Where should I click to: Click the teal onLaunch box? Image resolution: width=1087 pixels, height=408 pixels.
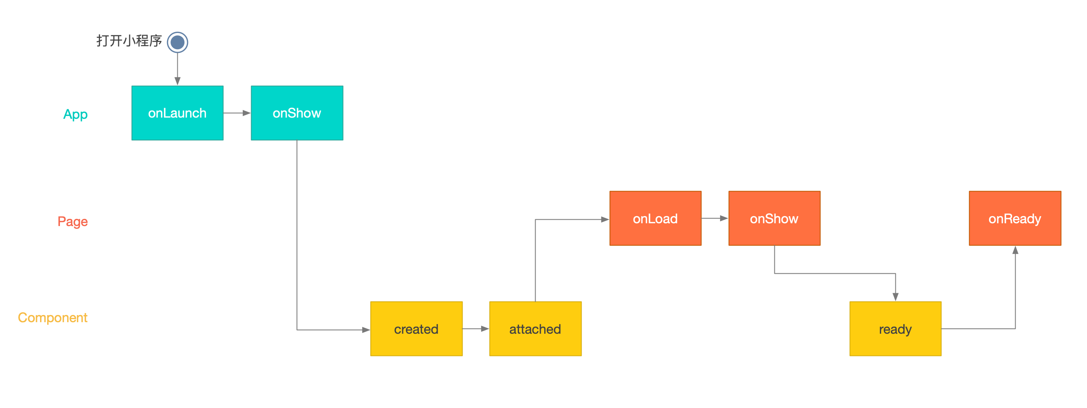(x=177, y=113)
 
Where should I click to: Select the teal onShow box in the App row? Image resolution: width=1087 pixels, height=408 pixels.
(x=297, y=113)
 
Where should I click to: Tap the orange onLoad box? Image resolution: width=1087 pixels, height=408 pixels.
(x=655, y=219)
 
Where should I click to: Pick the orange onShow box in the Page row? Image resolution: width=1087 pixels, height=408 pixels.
(x=774, y=219)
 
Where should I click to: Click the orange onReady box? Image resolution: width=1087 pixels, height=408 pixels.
(x=1015, y=219)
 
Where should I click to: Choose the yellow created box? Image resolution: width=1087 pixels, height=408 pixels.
(x=417, y=329)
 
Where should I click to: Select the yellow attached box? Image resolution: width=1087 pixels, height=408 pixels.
(x=536, y=329)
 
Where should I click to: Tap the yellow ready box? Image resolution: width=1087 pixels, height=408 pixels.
(x=895, y=329)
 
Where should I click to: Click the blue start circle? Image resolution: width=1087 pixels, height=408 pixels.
(x=177, y=42)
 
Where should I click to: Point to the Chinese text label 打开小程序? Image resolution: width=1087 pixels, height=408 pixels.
(x=129, y=41)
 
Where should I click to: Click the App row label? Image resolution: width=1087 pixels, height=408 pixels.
(x=75, y=114)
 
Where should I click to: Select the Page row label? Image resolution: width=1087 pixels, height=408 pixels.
(x=73, y=222)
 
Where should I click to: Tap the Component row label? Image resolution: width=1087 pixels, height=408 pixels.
(x=53, y=317)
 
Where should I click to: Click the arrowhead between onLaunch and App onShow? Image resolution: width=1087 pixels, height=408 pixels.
(x=247, y=113)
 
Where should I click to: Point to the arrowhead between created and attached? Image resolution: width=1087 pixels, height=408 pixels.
(x=485, y=329)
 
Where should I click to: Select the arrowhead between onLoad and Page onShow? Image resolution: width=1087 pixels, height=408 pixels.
(x=724, y=219)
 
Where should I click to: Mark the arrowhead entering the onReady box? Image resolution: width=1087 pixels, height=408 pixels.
(x=1015, y=250)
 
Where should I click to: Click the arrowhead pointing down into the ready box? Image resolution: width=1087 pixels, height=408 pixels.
(x=895, y=297)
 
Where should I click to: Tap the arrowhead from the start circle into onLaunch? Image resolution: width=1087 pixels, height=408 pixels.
(x=177, y=81)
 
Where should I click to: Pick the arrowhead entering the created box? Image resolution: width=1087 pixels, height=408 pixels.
(x=366, y=330)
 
